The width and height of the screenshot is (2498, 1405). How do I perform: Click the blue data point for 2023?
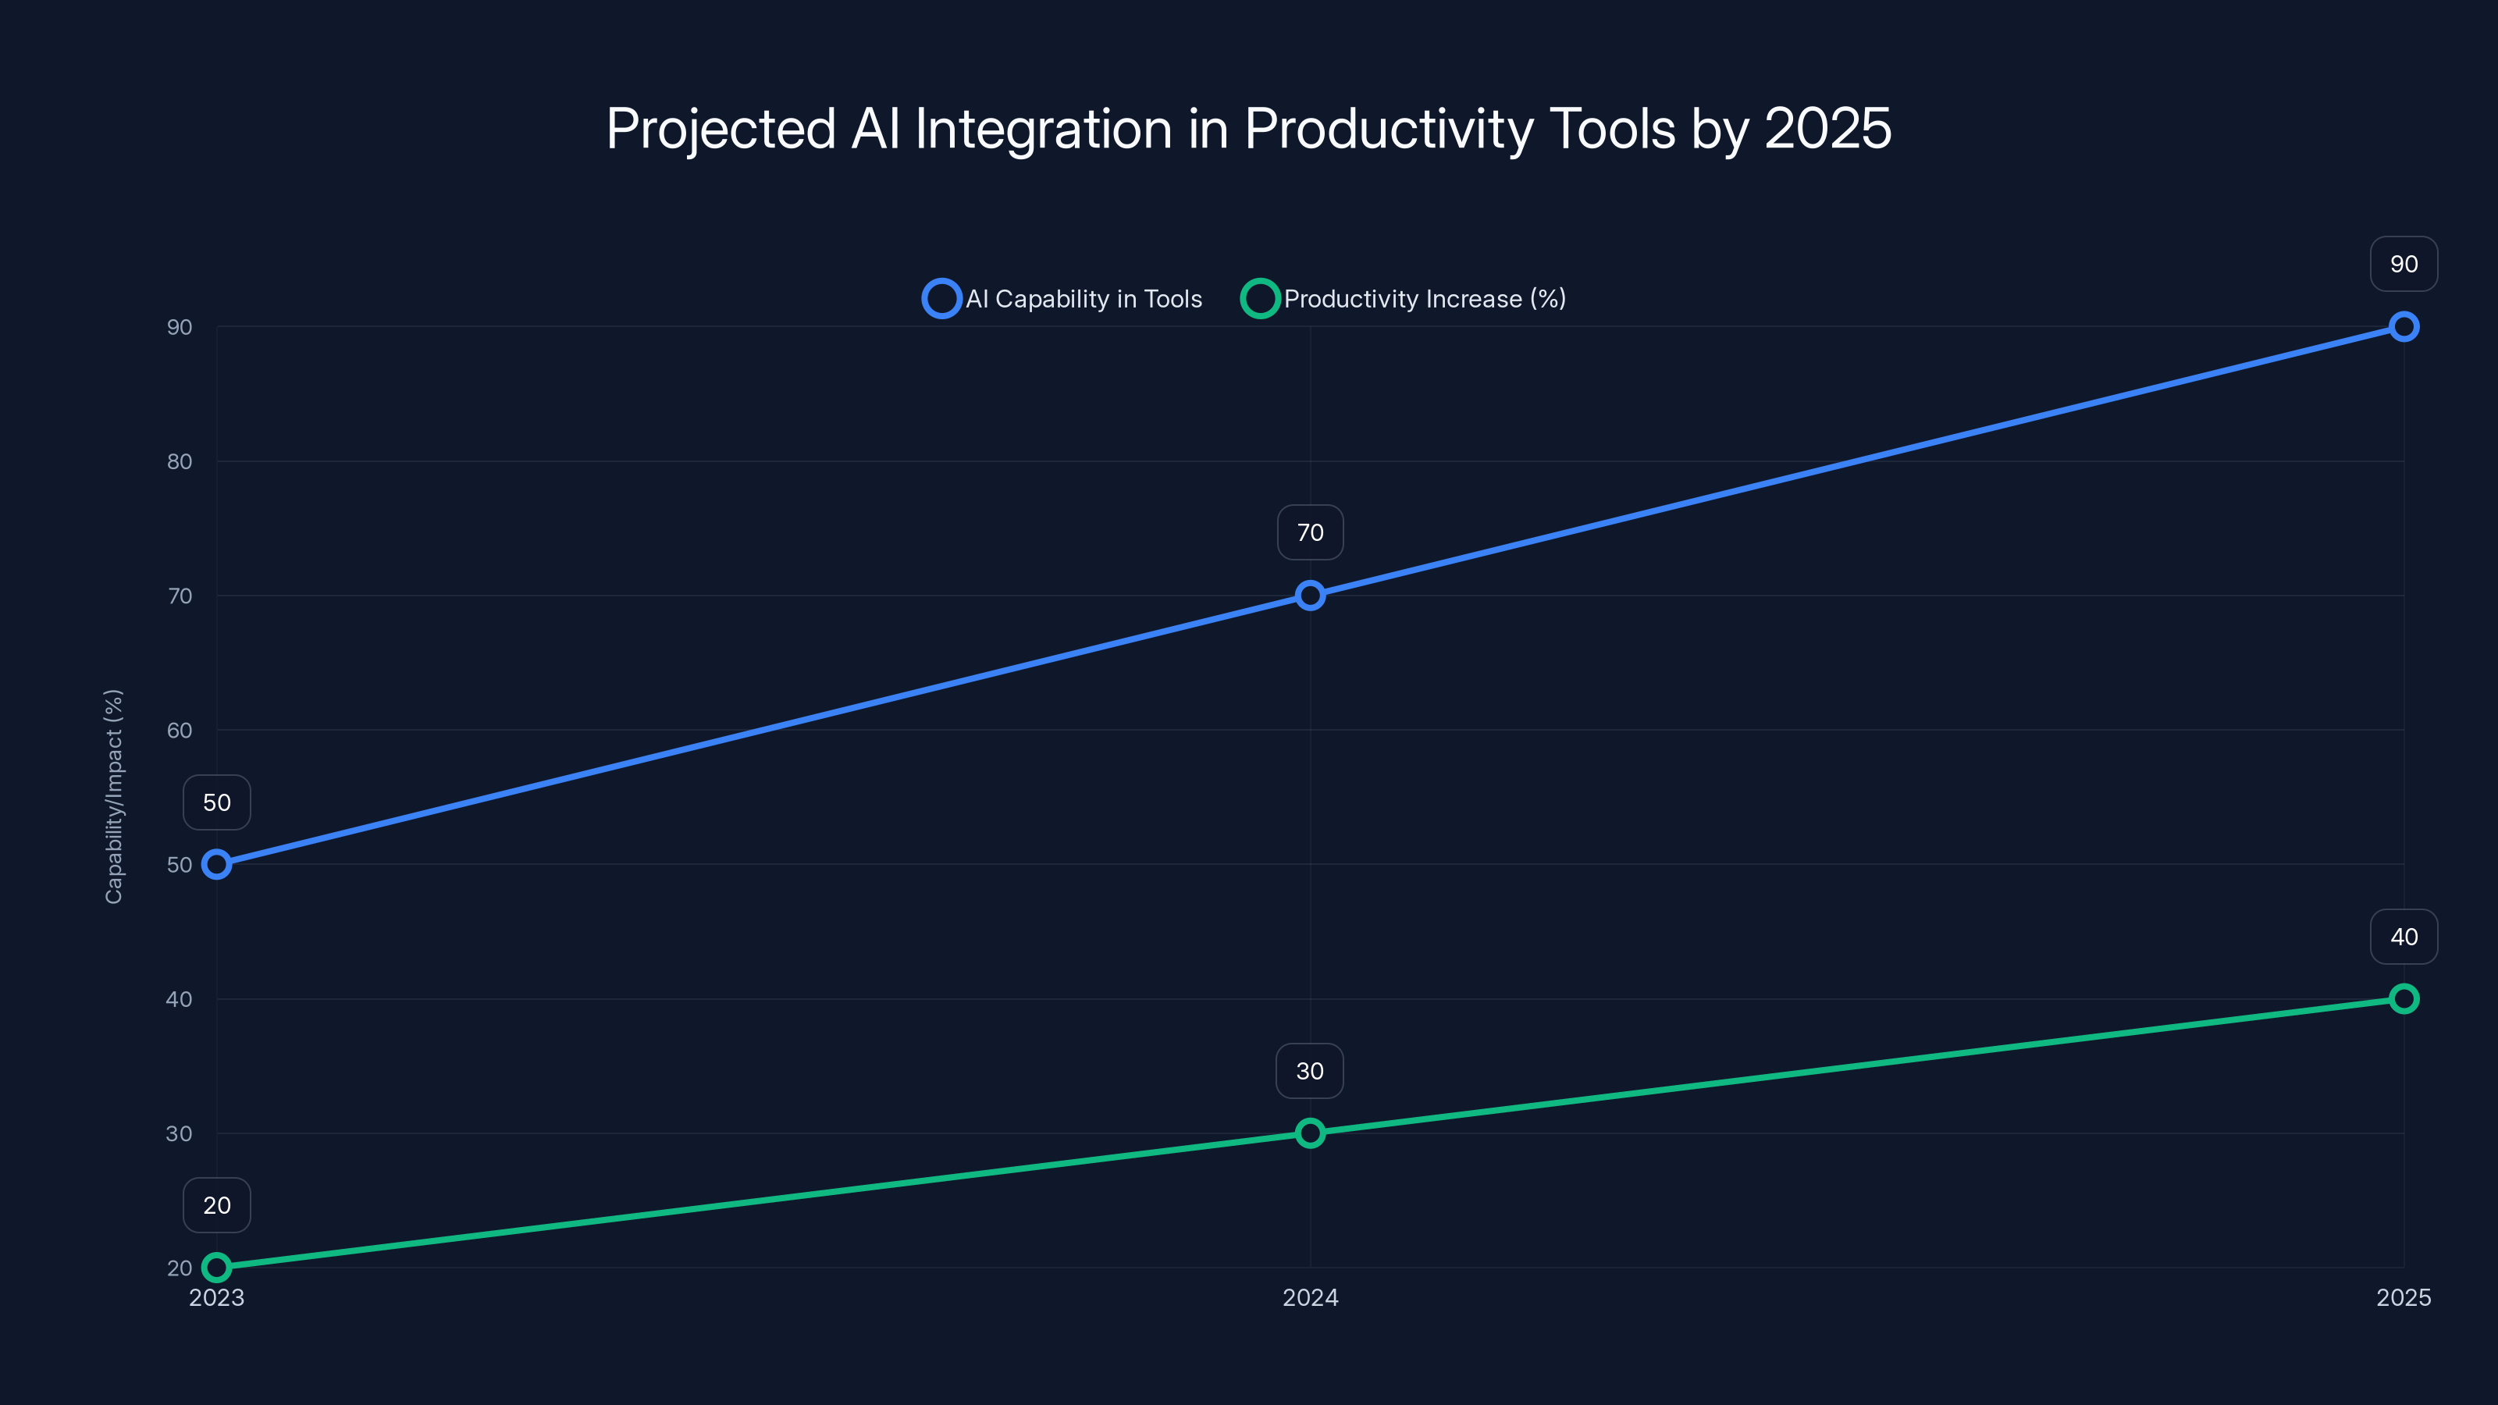[x=216, y=864]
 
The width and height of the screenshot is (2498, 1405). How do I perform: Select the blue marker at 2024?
[x=1310, y=596]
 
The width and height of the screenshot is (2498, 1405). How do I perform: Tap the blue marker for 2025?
[x=2403, y=327]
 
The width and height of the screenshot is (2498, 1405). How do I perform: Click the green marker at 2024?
[x=1310, y=1133]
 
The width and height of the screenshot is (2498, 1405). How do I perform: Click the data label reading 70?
[x=1310, y=532]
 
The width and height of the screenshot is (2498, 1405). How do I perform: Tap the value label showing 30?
[x=1310, y=1070]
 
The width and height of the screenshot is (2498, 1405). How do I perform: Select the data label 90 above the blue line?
[x=2403, y=264]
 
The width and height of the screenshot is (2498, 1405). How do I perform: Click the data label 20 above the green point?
[x=216, y=1204]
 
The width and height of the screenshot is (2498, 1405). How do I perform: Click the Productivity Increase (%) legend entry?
[x=1404, y=299]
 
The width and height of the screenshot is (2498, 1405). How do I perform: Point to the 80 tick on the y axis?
[x=180, y=461]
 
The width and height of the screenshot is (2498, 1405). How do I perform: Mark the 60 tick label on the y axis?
[x=180, y=730]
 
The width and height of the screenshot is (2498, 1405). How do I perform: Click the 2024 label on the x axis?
[x=1310, y=1297]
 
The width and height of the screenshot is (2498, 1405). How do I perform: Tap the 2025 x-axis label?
[x=2403, y=1297]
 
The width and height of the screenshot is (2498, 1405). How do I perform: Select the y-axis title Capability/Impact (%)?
[x=113, y=796]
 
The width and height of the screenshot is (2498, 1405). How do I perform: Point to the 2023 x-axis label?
[x=216, y=1297]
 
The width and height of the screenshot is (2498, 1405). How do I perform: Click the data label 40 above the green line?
[x=2403, y=937]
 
